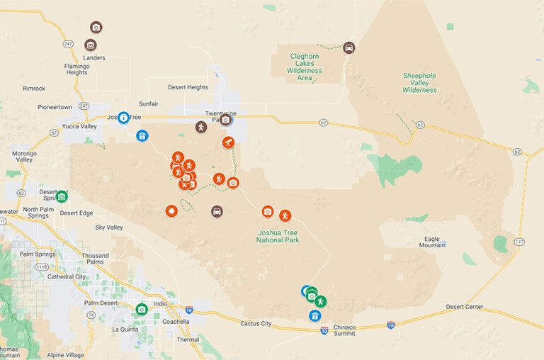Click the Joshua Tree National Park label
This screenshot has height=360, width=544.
pos(278,236)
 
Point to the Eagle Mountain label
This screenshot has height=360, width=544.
pos(431,242)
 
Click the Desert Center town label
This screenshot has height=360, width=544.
pos(464,307)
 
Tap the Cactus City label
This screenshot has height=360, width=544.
pos(256,323)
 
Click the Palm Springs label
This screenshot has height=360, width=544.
pos(37,254)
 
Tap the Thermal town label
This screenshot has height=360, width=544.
pos(188,339)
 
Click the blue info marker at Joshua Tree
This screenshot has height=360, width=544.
pos(123,117)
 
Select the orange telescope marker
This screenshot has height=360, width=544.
pos(229,142)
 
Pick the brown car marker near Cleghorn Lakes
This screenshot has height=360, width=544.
pos(349,47)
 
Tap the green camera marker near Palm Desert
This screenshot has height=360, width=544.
pos(142,309)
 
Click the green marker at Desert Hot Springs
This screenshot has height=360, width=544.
pos(62,196)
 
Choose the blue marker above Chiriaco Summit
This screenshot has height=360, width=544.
pos(315,315)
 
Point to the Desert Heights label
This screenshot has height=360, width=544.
pos(188,87)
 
